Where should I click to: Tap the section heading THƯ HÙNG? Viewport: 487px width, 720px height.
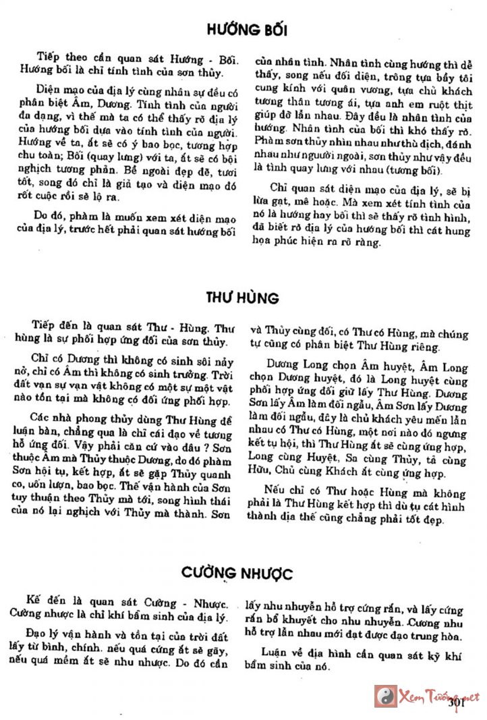(243, 298)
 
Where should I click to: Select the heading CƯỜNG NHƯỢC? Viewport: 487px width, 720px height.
(237, 574)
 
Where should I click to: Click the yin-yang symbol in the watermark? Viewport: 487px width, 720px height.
(386, 696)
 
